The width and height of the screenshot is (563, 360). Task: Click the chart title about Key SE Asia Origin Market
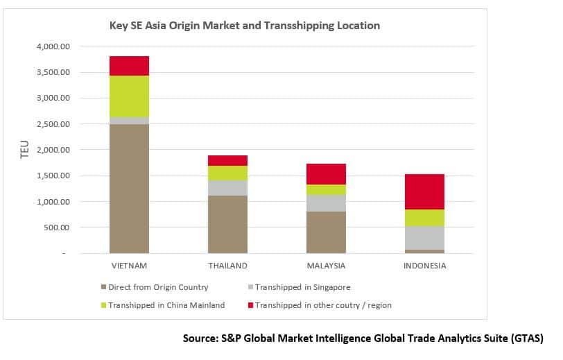(245, 26)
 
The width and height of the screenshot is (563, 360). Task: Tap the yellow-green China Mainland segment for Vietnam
(129, 96)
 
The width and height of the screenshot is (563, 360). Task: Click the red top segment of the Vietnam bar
(129, 66)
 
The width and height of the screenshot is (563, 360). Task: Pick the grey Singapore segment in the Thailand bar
(227, 188)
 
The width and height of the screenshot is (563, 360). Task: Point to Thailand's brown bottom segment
(227, 224)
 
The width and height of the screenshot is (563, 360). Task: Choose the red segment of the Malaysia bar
(326, 174)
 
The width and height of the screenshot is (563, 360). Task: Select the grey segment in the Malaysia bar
(326, 203)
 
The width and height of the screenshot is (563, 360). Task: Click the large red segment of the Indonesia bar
(424, 191)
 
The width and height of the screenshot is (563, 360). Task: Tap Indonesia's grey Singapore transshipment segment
(424, 238)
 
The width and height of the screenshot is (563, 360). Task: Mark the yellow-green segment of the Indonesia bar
(424, 218)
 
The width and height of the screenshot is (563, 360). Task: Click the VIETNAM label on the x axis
(129, 266)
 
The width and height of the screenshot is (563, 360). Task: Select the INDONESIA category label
(424, 266)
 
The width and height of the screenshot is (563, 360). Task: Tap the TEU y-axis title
(25, 149)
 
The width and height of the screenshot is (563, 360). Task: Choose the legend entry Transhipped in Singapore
(300, 287)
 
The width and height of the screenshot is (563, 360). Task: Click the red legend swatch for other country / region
(250, 305)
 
